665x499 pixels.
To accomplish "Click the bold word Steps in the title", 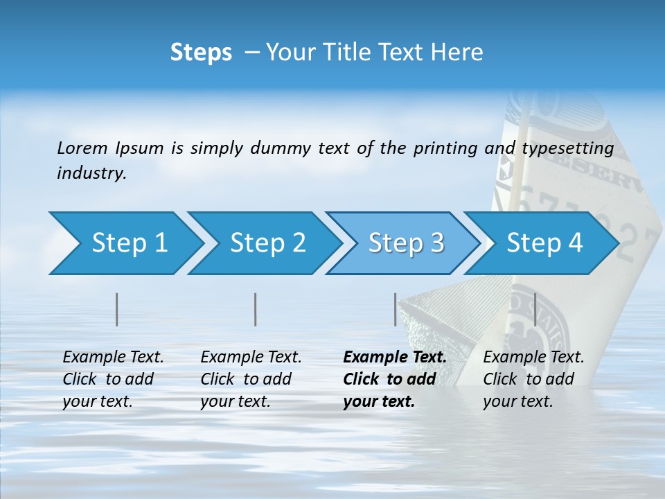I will [201, 53].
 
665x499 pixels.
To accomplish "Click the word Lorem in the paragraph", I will [82, 148].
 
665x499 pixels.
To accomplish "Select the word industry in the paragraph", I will [91, 173].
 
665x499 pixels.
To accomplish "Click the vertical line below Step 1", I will [117, 309].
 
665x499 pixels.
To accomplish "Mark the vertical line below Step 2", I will [256, 309].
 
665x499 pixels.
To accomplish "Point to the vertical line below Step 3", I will [396, 309].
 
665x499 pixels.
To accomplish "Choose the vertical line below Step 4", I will [535, 309].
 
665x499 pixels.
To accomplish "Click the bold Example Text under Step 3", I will [395, 358].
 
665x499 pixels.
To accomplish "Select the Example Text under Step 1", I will [113, 358].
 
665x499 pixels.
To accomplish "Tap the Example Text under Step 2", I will [251, 358].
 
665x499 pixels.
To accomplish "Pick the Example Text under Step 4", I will [533, 358].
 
